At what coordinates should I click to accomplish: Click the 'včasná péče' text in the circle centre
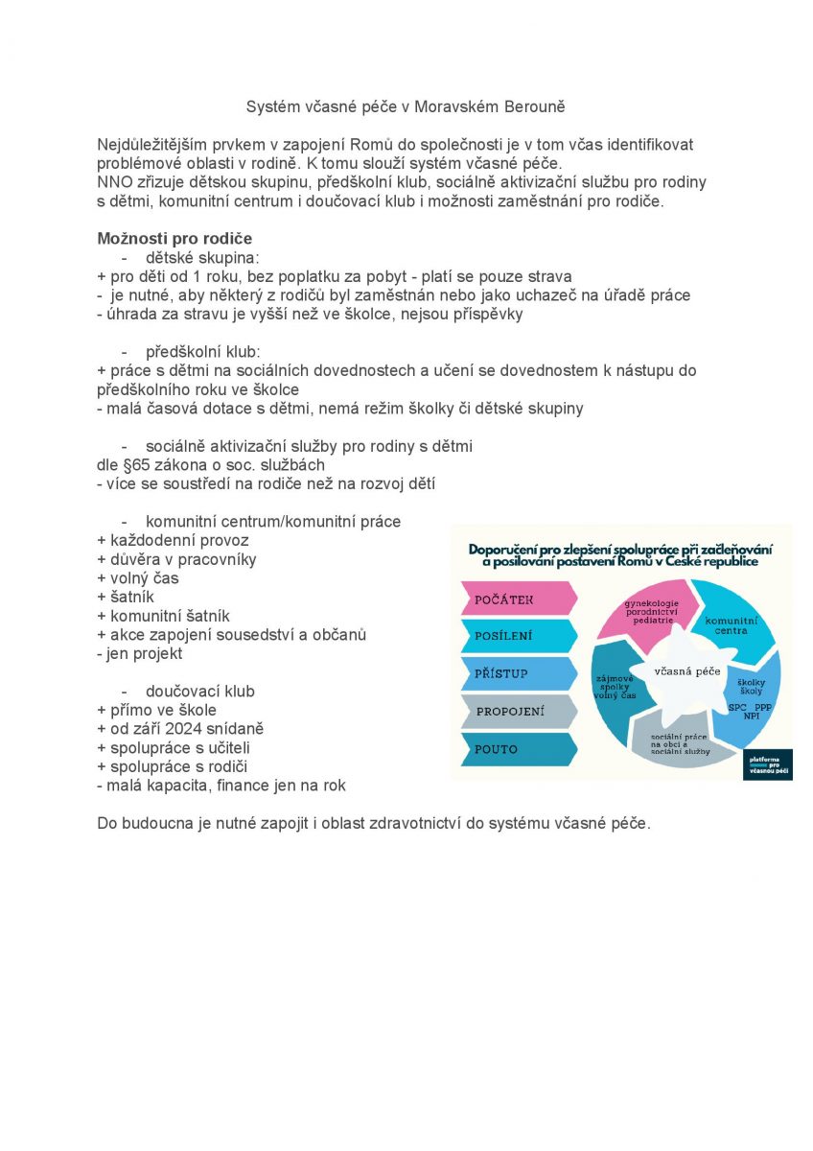point(687,671)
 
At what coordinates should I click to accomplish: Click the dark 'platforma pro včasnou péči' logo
point(770,764)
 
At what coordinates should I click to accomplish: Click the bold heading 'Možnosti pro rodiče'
point(174,239)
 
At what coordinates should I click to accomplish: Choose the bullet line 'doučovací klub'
point(199,692)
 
